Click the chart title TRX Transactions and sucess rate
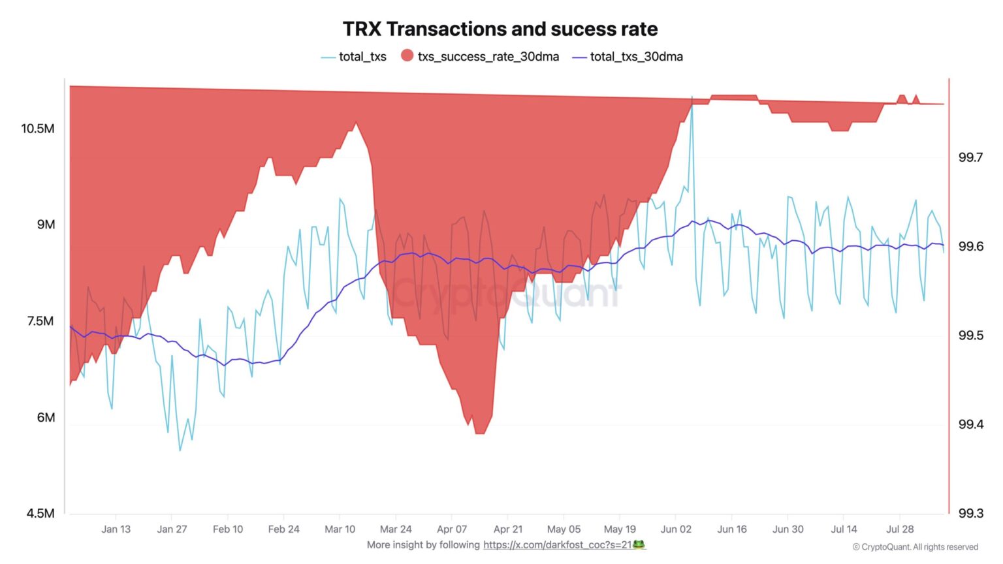click(500, 29)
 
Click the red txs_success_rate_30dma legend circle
click(407, 56)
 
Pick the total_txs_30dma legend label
click(636, 57)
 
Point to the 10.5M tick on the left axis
click(38, 129)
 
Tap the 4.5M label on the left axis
click(40, 514)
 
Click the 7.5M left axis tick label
click(40, 321)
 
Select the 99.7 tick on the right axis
click(970, 157)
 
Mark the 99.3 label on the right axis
click(970, 514)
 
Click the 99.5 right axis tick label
click(970, 336)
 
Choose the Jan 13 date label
click(116, 529)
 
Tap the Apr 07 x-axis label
click(452, 529)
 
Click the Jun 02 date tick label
click(676, 529)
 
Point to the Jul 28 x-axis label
click(900, 529)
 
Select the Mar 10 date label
click(340, 529)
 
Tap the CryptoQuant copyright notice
click(915, 547)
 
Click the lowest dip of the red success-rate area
click(480, 432)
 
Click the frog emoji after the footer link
click(639, 544)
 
